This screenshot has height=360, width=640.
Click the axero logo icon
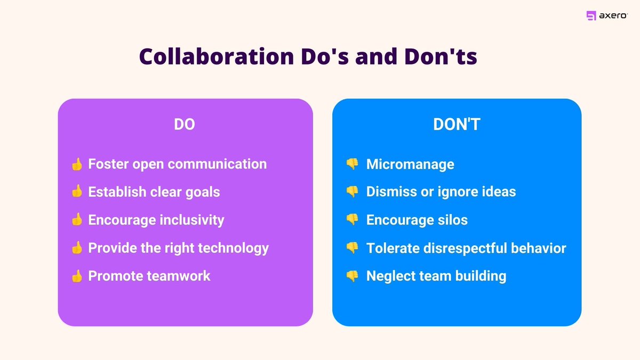click(x=591, y=16)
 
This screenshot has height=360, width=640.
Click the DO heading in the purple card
click(x=185, y=124)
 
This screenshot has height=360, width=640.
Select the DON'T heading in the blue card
click(x=457, y=124)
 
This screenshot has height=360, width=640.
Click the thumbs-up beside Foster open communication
click(x=77, y=164)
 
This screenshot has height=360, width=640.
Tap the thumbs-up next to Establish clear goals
click(x=77, y=191)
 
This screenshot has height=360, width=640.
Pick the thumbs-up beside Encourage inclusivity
click(x=77, y=220)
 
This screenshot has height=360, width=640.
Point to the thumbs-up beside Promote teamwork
click(x=77, y=276)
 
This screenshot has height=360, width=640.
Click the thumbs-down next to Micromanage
click(x=352, y=164)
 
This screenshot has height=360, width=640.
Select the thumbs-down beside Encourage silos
click(x=352, y=220)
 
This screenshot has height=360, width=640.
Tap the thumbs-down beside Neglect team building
click(x=352, y=276)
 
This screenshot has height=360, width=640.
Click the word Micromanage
click(x=410, y=164)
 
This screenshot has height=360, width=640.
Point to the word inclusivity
click(x=193, y=220)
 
